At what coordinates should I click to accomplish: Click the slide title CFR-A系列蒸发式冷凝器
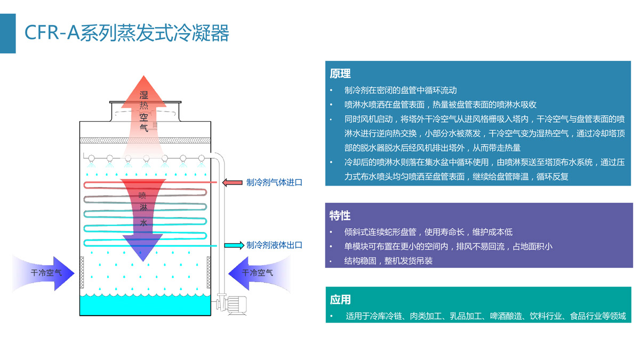pos(127,33)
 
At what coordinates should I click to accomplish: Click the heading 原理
pos(340,74)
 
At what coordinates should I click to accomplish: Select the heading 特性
pos(340,215)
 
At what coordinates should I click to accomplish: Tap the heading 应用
pos(340,300)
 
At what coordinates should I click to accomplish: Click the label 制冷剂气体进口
pos(274,182)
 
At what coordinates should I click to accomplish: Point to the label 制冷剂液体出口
pos(274,245)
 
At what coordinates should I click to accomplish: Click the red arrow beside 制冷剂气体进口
pos(232,182)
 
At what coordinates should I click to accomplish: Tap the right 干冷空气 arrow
pos(256,273)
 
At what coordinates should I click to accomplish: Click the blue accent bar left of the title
pos(7,33)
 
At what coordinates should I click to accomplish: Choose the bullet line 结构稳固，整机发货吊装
pos(388,261)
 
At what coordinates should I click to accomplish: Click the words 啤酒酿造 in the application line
pos(506,316)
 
